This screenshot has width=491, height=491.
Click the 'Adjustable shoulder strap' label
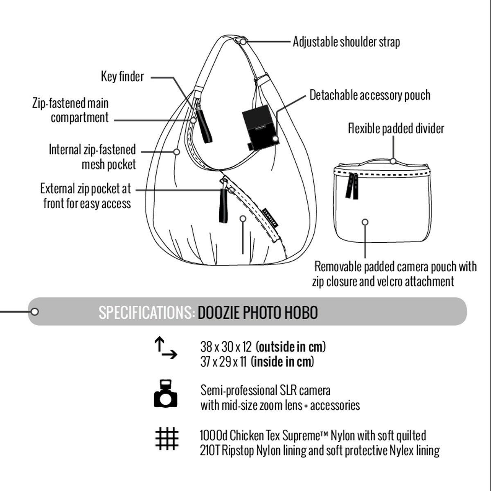pyautogui.click(x=346, y=42)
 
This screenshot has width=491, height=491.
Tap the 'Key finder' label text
pyautogui.click(x=122, y=77)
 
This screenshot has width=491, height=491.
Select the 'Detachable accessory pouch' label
pyautogui.click(x=369, y=95)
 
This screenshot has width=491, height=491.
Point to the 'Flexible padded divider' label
pyautogui.click(x=396, y=128)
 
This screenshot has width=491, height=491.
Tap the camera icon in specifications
pyautogui.click(x=166, y=394)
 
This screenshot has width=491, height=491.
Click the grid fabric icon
pyautogui.click(x=167, y=439)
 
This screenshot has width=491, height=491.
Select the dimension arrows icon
pyautogui.click(x=165, y=348)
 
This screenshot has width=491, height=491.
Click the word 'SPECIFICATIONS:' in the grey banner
pyautogui.click(x=146, y=313)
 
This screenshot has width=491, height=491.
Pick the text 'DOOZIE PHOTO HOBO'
pyautogui.click(x=258, y=313)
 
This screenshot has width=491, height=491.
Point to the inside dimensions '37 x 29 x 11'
pyautogui.click(x=223, y=362)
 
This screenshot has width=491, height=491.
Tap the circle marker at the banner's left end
pyautogui.click(x=35, y=312)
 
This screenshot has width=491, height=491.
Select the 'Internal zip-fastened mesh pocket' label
pyautogui.click(x=92, y=157)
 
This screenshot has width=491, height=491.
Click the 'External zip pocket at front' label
pyautogui.click(x=86, y=196)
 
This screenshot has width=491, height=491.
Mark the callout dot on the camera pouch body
pyautogui.click(x=365, y=222)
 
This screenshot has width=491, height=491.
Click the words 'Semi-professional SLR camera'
pyautogui.click(x=265, y=390)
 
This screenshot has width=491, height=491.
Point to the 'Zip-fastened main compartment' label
pyautogui.click(x=71, y=110)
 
